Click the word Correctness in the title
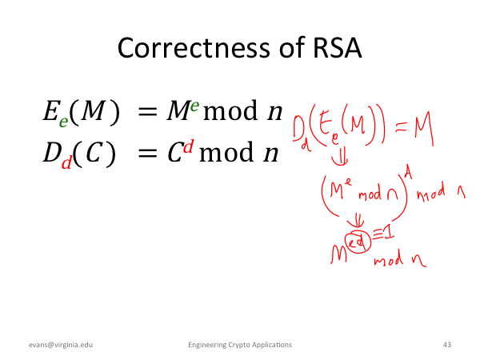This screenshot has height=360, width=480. (x=194, y=48)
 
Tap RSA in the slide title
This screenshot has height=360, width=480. (x=337, y=48)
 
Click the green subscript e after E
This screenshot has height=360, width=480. (x=63, y=122)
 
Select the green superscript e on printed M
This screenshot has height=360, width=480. (x=194, y=106)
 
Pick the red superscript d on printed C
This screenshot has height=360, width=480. (x=189, y=146)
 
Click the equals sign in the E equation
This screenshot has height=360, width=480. (x=147, y=111)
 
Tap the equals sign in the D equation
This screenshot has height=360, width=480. (x=147, y=153)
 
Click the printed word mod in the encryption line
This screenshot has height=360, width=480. (x=230, y=111)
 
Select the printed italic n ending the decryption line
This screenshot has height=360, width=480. (x=271, y=153)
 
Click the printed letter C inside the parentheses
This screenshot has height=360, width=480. (x=94, y=153)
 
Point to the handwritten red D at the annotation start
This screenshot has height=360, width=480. (x=298, y=128)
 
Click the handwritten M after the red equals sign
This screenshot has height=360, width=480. (x=424, y=129)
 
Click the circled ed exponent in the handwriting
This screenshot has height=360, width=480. (x=358, y=242)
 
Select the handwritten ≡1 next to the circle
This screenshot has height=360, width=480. (x=383, y=235)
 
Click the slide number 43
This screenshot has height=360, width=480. (x=447, y=345)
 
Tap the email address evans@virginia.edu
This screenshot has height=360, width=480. (x=61, y=345)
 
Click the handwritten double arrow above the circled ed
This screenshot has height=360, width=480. (x=356, y=221)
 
